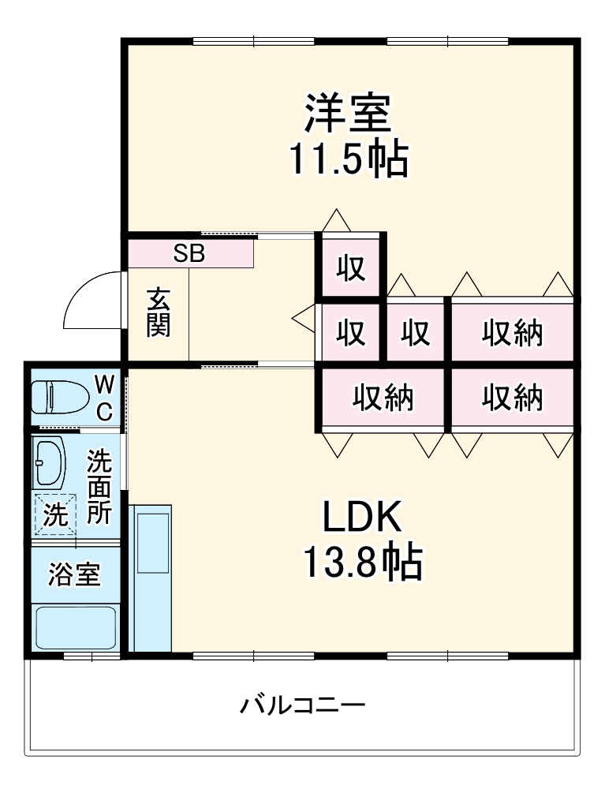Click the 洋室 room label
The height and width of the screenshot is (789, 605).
(348, 114)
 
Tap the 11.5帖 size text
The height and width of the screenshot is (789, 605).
(347, 160)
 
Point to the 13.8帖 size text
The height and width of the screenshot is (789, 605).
(362, 563)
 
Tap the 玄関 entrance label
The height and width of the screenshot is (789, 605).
(159, 313)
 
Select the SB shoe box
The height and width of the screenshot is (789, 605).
(189, 253)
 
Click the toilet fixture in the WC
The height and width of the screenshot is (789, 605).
(59, 397)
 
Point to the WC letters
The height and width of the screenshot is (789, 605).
(104, 398)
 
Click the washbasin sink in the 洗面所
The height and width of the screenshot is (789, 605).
(50, 462)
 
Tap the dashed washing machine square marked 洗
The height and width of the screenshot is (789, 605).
(54, 514)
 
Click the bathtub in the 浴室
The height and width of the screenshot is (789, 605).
(76, 627)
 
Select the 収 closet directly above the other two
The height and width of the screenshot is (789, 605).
(351, 268)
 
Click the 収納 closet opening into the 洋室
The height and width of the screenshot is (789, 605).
(512, 333)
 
